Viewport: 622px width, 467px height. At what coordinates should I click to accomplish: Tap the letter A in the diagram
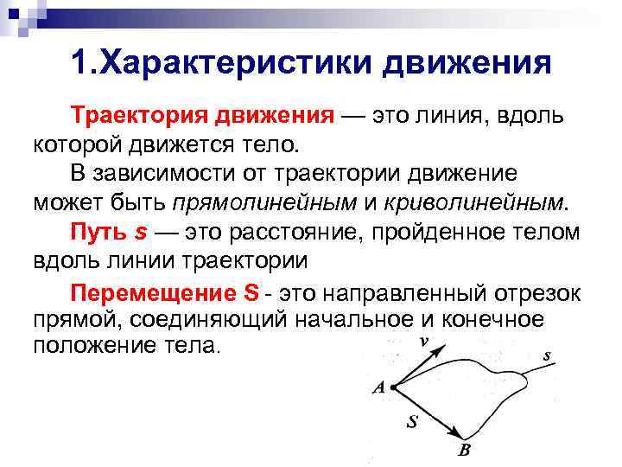click(378, 388)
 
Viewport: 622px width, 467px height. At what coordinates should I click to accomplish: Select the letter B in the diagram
click(464, 451)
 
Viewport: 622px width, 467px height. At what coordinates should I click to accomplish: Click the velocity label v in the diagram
click(423, 342)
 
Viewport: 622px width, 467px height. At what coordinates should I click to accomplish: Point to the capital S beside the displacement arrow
click(413, 423)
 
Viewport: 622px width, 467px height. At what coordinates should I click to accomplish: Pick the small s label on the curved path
click(547, 355)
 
